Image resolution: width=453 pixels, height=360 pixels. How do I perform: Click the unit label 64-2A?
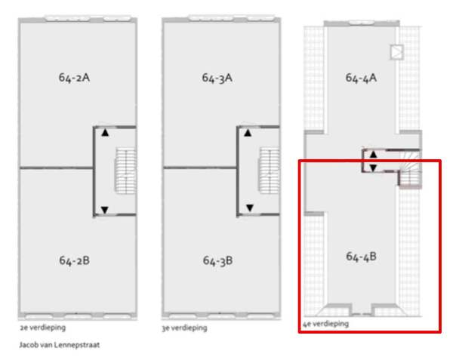(74, 78)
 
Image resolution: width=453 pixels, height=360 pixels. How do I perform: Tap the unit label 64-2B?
(74, 260)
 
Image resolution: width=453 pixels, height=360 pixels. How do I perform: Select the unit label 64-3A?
(217, 78)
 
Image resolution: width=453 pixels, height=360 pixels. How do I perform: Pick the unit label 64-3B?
(217, 260)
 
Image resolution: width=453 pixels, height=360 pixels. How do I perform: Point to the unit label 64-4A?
(361, 78)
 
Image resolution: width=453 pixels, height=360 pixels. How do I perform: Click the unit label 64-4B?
(361, 257)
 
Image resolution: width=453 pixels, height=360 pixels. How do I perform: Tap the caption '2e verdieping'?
(43, 328)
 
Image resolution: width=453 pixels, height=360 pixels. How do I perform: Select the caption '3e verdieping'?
(184, 328)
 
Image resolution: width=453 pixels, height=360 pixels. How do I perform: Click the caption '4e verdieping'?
(325, 324)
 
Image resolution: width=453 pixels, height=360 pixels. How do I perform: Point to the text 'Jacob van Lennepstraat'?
(60, 345)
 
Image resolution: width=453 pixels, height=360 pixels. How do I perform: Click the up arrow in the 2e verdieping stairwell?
(105, 133)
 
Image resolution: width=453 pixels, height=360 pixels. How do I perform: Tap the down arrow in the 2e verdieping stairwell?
(105, 210)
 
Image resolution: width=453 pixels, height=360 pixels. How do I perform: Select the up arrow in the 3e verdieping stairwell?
(248, 133)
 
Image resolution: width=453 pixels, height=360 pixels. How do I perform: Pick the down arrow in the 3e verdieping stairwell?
(250, 208)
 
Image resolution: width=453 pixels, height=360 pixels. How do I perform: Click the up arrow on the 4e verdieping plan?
(373, 155)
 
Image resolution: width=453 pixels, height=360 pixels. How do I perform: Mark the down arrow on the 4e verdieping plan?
(373, 168)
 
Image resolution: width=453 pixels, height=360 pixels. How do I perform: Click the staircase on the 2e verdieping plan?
(125, 171)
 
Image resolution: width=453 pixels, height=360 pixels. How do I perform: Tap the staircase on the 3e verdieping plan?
(269, 171)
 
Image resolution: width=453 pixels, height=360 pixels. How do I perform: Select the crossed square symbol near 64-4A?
(396, 52)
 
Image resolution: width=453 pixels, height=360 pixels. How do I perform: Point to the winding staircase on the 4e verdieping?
(410, 169)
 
